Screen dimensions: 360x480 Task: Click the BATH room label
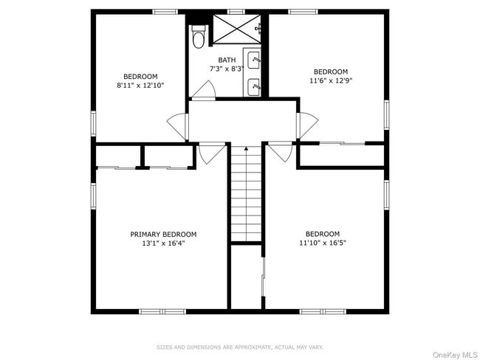226,60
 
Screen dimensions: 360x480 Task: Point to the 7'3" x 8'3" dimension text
226,69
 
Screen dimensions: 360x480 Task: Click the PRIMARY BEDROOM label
163,235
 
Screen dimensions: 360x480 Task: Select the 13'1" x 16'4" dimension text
163,243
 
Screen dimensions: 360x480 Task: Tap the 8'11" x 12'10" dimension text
140,86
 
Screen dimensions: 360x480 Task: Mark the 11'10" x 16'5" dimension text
323,243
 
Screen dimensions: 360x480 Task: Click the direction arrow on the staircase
246,150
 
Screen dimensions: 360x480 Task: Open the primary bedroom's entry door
211,153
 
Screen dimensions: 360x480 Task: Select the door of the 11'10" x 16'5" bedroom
279,153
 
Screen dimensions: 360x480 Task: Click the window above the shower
236,11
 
